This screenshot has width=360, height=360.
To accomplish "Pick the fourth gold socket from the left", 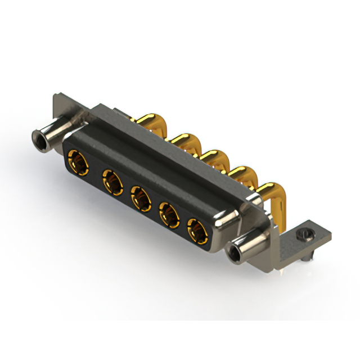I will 169,214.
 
